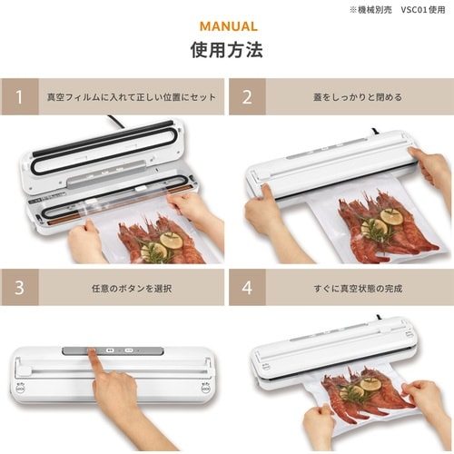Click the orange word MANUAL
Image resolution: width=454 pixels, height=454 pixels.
point(226,26)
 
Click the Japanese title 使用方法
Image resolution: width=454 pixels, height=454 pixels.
point(226,50)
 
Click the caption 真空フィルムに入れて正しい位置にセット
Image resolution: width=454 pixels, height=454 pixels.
point(133,95)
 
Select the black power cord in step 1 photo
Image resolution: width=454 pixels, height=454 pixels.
point(118,120)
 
